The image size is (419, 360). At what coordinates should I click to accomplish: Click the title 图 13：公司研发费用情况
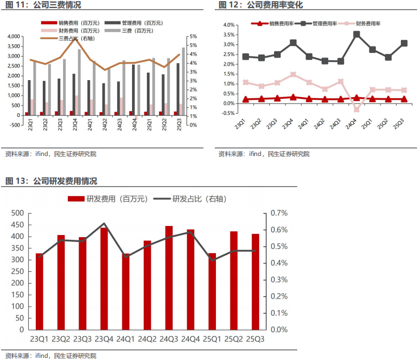tap(51, 181)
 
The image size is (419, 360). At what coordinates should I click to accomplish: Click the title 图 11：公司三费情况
tap(44, 5)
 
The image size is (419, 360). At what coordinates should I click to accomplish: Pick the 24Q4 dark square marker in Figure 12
tap(356, 35)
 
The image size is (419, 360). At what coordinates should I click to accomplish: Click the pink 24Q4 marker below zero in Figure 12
tap(356, 109)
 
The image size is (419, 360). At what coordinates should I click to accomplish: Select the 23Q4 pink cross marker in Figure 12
tap(293, 75)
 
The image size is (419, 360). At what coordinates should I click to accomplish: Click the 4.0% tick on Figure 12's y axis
tap(228, 25)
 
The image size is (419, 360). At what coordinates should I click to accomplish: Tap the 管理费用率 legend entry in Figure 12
tap(320, 24)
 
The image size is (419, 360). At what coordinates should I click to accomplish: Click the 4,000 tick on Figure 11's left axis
tap(13, 36)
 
